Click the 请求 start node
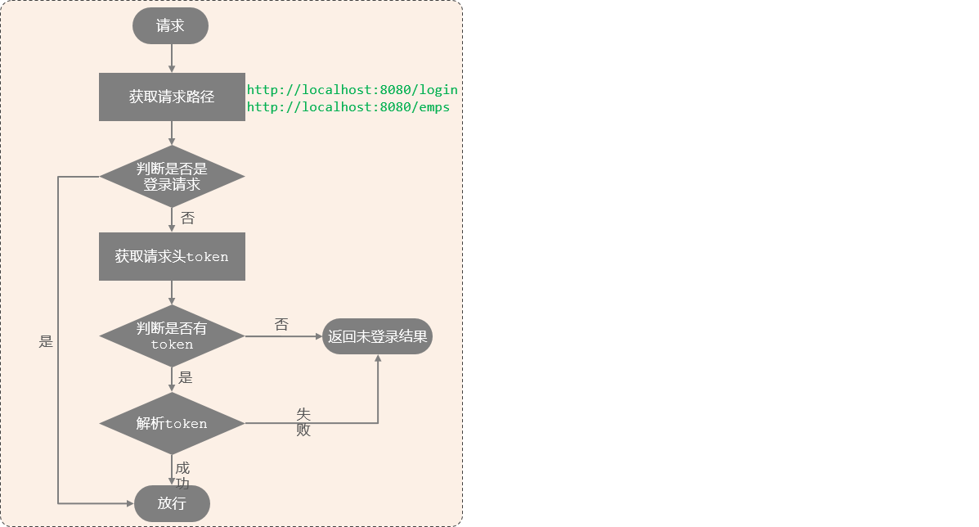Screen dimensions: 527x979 pos(170,26)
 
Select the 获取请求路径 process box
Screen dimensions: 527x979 pos(172,97)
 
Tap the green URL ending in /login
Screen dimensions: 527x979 pos(352,90)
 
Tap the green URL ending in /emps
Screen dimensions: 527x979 pos(348,107)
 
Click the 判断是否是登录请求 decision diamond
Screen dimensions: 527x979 pos(172,177)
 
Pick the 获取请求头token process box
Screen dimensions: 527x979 pos(172,256)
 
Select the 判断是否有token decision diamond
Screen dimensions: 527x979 pos(172,336)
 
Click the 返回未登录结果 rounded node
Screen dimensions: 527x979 pos(377,336)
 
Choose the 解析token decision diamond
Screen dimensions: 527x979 pos(172,423)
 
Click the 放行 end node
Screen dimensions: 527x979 pos(172,503)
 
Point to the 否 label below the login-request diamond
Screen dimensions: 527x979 pos(187,218)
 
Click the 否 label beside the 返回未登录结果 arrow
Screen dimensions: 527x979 pos(281,325)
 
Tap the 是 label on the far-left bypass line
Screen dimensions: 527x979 pos(46,342)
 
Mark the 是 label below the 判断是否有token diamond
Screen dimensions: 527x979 pos(186,378)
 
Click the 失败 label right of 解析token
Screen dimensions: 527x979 pos(303,421)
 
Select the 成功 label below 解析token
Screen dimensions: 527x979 pos(182,475)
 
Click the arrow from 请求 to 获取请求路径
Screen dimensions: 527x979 pos(172,58)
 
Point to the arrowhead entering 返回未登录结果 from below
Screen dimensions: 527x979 pos(378,360)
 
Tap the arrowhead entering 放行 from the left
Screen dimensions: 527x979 pos(129,503)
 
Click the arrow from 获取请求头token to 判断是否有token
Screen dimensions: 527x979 pos(172,293)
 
